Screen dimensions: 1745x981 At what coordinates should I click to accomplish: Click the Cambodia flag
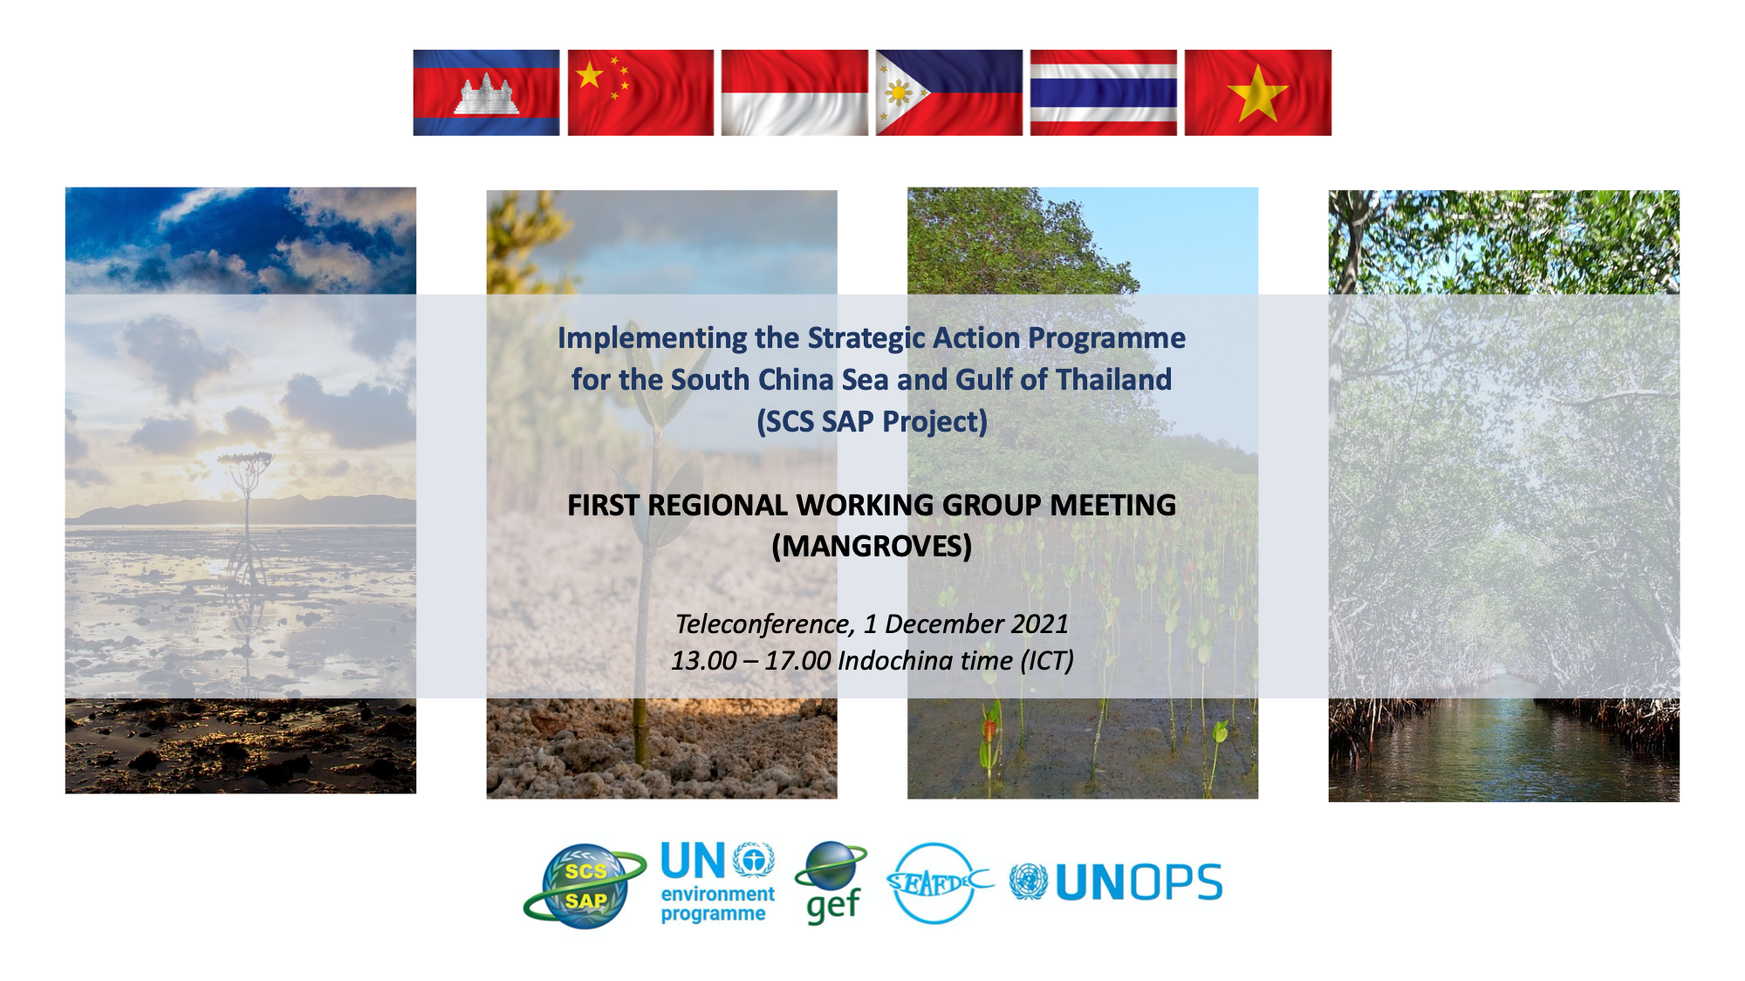point(486,92)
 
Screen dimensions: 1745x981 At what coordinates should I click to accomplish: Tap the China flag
point(640,92)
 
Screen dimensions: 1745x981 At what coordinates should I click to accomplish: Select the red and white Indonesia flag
point(795,92)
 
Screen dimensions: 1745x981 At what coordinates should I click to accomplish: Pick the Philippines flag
point(949,92)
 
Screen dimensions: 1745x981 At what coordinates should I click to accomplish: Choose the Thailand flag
point(1104,92)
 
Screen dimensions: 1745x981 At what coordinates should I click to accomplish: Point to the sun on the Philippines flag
point(898,92)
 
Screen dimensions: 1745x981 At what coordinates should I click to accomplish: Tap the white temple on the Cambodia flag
point(486,94)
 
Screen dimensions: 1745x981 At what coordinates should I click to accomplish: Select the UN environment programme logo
point(717,882)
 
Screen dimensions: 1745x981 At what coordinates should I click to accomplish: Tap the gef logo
point(832,882)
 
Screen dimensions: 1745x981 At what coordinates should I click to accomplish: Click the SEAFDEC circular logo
point(939,882)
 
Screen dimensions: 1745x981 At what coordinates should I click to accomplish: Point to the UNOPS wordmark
point(1139,883)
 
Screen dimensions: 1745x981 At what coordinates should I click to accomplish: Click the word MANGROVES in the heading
point(872,546)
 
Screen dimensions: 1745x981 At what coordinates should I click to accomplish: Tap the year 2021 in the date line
point(1040,624)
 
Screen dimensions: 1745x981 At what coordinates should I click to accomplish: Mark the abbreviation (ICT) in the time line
point(1047,661)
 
